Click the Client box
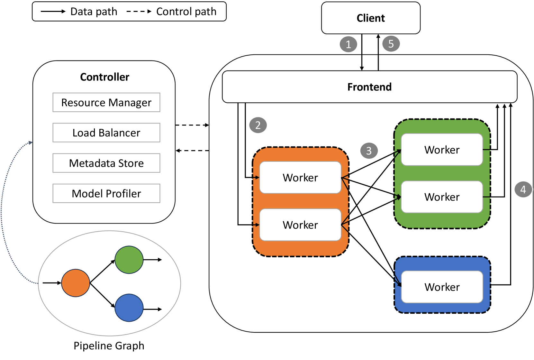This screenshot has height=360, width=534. (x=371, y=18)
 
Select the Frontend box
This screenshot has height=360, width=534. (x=369, y=87)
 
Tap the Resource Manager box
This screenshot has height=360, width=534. (x=106, y=102)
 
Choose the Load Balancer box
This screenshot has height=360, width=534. (x=106, y=133)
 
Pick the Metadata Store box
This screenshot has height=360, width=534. (x=106, y=163)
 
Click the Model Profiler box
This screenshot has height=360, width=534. (x=106, y=193)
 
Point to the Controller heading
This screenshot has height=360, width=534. (x=104, y=77)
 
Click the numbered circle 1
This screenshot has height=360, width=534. (x=348, y=44)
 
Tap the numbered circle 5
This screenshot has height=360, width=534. (x=391, y=44)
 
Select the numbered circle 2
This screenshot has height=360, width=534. (x=258, y=125)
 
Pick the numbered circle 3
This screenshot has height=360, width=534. (x=369, y=151)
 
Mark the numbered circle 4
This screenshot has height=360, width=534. (x=523, y=189)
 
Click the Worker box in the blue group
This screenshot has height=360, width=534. (x=442, y=287)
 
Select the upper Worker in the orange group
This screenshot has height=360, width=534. (x=300, y=178)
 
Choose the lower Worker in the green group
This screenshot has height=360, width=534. (x=442, y=197)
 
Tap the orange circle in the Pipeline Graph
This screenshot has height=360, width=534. (x=76, y=283)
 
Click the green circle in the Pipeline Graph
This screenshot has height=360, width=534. (x=129, y=260)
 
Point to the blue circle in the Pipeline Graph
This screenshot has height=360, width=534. (x=129, y=308)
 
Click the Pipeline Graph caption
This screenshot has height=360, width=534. (x=109, y=346)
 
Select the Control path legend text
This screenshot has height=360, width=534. (x=186, y=12)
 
